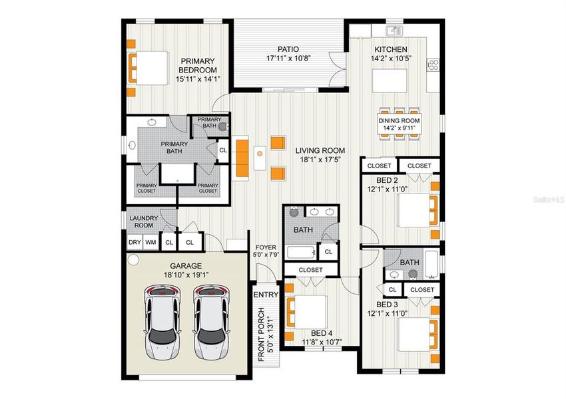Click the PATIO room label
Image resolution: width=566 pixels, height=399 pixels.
288,49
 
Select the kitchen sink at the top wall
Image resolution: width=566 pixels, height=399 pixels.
395,30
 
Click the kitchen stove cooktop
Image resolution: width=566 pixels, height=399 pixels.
433,65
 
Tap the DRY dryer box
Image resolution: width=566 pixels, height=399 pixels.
135,243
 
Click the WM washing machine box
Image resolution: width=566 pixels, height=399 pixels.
151,243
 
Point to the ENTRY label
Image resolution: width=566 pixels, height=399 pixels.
266,295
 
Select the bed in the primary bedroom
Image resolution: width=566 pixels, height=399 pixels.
147,67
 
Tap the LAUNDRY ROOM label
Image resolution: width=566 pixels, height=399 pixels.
144,221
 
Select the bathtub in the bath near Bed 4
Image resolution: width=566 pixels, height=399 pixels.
301,253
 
